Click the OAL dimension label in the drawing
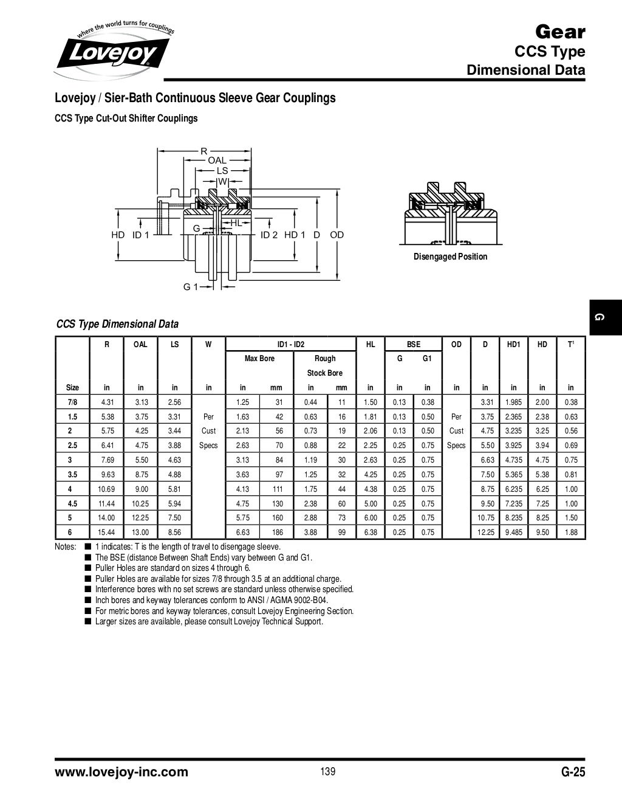(217, 160)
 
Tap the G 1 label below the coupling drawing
(191, 287)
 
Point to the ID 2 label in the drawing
(268, 235)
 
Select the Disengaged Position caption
(450, 257)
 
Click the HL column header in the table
(370, 344)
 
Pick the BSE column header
(413, 344)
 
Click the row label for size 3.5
(72, 474)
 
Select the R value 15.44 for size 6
(106, 533)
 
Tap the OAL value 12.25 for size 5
(140, 518)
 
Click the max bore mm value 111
(276, 489)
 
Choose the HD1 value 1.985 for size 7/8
(513, 402)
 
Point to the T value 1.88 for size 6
(570, 533)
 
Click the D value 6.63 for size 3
(485, 460)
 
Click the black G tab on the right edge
(604, 317)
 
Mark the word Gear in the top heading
(559, 32)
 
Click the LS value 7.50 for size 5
(174, 518)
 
